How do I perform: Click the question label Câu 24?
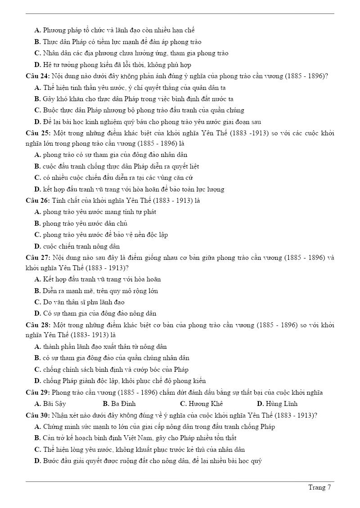[x=38, y=76]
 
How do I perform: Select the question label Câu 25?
[x=38, y=133]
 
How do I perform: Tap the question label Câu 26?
[x=38, y=201]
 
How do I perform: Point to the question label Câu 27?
[x=38, y=258]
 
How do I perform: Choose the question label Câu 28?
[x=38, y=325]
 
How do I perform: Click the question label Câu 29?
[x=38, y=392]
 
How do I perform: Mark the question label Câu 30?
[x=38, y=415]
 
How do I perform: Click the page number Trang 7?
[x=319, y=488]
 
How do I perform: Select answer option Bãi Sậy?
[x=54, y=404]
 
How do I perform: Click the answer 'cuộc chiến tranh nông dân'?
[x=81, y=246]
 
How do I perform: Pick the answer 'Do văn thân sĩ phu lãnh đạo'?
[x=83, y=302]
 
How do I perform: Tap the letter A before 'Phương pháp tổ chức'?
[x=37, y=30]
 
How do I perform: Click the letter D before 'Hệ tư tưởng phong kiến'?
[x=37, y=65]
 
